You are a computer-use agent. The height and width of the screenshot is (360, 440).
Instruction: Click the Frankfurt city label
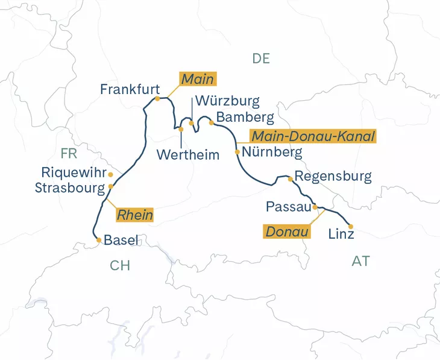tap(130, 89)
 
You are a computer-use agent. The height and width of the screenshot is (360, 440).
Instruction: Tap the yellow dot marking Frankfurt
tap(157, 98)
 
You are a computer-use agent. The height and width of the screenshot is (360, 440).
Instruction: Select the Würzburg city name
tap(227, 101)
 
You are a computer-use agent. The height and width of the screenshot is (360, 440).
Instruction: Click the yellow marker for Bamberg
tap(211, 122)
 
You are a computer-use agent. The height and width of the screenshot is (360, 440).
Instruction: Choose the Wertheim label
tap(188, 154)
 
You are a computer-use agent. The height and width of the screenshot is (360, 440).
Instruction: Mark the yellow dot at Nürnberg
tap(237, 152)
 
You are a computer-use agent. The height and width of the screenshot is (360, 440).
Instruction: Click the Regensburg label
tap(333, 177)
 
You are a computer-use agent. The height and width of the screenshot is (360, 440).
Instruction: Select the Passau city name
tap(288, 207)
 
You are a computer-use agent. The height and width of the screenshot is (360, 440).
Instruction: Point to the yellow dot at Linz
tap(351, 227)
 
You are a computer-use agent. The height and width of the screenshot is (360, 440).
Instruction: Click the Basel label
tap(122, 240)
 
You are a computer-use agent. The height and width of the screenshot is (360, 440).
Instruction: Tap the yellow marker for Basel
tap(99, 240)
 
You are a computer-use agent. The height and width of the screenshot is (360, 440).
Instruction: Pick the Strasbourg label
tap(69, 188)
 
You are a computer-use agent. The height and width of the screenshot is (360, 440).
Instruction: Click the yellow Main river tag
tap(198, 79)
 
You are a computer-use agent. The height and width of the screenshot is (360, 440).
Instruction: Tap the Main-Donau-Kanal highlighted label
tap(313, 136)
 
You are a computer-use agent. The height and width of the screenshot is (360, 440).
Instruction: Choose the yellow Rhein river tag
tap(134, 214)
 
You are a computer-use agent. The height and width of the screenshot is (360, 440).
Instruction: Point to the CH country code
tap(120, 266)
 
